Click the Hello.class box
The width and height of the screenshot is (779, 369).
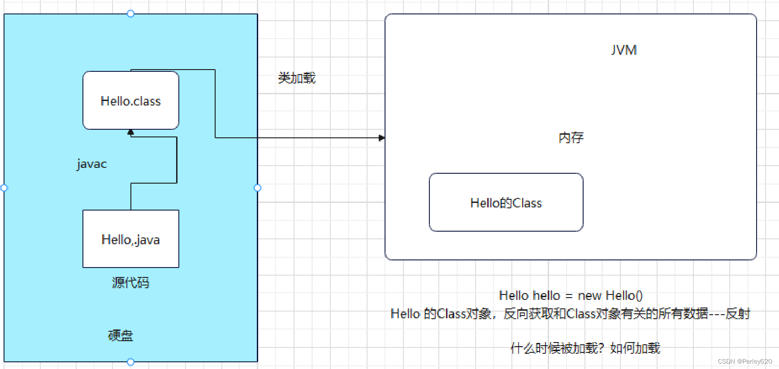(x=130, y=101)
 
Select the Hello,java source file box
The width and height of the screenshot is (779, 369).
(x=130, y=239)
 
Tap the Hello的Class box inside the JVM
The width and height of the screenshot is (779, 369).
(x=506, y=202)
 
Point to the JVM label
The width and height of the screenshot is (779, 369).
(x=623, y=50)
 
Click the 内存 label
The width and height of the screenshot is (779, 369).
(x=571, y=137)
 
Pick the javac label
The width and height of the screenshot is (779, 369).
(x=91, y=164)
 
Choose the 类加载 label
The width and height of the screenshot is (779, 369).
(x=296, y=78)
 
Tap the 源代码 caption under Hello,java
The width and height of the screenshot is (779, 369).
(x=130, y=282)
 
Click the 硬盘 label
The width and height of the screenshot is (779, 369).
(x=120, y=335)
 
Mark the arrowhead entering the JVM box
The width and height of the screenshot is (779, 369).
(x=381, y=138)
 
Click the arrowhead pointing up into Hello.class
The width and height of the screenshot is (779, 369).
(x=130, y=132)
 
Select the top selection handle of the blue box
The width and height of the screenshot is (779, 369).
(x=130, y=13)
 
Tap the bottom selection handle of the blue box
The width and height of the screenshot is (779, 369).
(x=130, y=362)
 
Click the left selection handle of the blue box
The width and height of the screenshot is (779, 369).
(x=4, y=188)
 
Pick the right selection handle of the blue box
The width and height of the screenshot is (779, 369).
(x=257, y=188)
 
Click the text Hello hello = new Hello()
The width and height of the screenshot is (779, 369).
(x=571, y=295)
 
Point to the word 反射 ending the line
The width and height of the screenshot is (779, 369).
(x=737, y=313)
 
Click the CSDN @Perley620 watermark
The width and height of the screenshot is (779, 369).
(x=744, y=361)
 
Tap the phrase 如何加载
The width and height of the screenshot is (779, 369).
(x=635, y=348)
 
